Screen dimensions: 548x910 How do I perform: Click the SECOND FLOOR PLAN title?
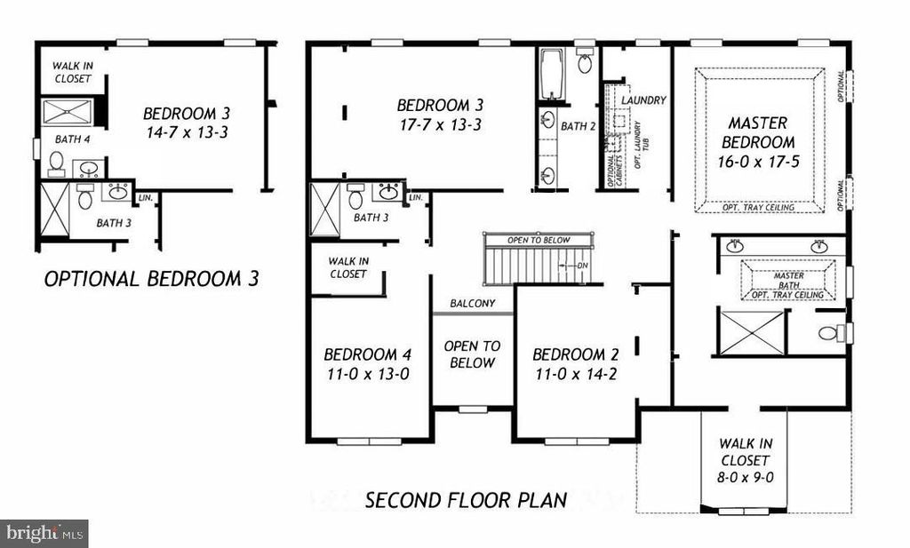point(466,500)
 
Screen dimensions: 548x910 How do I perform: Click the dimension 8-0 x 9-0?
point(745,476)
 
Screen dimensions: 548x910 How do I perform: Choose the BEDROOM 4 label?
point(366,354)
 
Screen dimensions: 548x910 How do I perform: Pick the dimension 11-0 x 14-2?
point(575,374)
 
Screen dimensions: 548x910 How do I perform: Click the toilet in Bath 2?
point(585,62)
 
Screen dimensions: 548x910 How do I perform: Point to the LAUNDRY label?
point(643,100)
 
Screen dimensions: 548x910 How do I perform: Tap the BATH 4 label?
point(72,139)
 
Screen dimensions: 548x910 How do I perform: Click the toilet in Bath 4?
point(56,163)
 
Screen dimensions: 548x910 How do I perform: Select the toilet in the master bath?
point(830,334)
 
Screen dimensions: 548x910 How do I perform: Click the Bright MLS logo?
point(44,534)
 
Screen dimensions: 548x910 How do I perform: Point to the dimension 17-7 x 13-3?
point(439,124)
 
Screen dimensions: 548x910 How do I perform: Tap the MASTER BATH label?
point(788,276)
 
